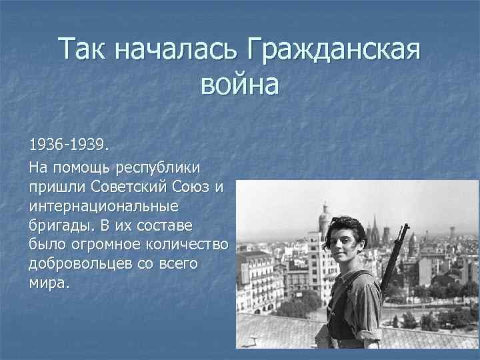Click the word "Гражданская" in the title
coord(334,49)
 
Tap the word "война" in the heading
coord(240,85)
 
